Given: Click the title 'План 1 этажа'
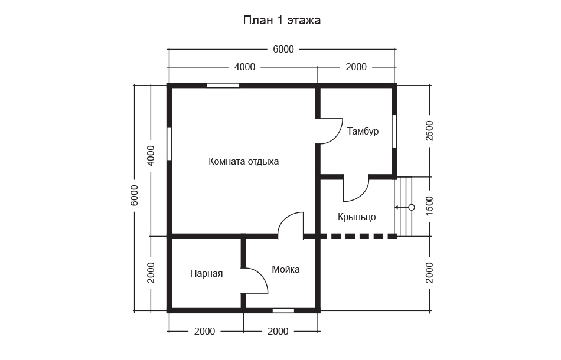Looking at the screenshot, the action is point(282,21).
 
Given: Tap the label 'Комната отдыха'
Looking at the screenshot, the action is point(244,162).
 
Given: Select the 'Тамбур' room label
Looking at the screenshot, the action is point(363,132).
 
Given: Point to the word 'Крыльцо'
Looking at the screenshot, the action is point(357,217).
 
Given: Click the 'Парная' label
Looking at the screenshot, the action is point(207,274).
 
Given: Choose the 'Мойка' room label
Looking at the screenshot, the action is point(286,269).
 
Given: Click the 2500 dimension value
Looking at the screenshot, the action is point(429,131).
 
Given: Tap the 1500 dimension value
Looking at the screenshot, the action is point(429,206).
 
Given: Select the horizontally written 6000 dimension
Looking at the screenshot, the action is point(283,49).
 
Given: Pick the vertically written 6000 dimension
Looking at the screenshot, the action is point(134,195).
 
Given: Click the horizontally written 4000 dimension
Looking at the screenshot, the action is point(244,67).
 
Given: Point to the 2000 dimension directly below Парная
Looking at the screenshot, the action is point(205,332).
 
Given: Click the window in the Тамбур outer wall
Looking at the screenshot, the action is point(394,131).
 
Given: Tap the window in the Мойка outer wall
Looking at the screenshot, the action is point(283,310).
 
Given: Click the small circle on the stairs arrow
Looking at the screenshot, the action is point(412,207).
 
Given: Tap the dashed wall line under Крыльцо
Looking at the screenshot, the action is point(358,236).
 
